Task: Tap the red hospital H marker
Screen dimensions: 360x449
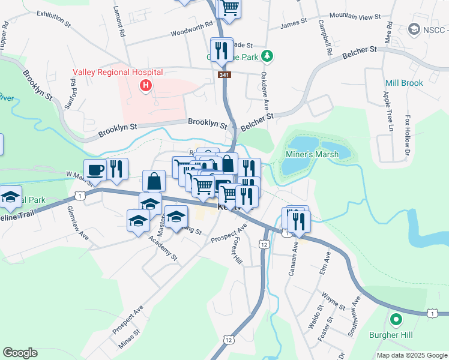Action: point(145,86)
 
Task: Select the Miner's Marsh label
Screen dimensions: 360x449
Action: point(312,155)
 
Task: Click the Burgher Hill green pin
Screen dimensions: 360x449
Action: point(395,319)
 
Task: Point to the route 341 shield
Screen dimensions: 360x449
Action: point(224,74)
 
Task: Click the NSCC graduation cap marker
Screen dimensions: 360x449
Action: point(414,29)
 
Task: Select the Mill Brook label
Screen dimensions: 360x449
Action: point(404,83)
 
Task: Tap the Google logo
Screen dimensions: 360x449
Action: point(20,353)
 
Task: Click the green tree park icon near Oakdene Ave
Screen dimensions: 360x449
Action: point(267,56)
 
